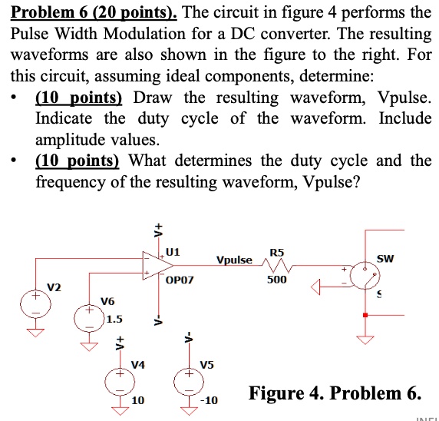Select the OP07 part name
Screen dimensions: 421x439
pos(180,282)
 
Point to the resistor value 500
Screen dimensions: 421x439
pos(276,280)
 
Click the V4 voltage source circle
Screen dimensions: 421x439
pos(120,382)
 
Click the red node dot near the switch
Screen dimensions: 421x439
pos(365,315)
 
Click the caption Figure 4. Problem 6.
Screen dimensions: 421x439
pos(335,394)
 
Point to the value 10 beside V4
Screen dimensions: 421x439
pos(137,401)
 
